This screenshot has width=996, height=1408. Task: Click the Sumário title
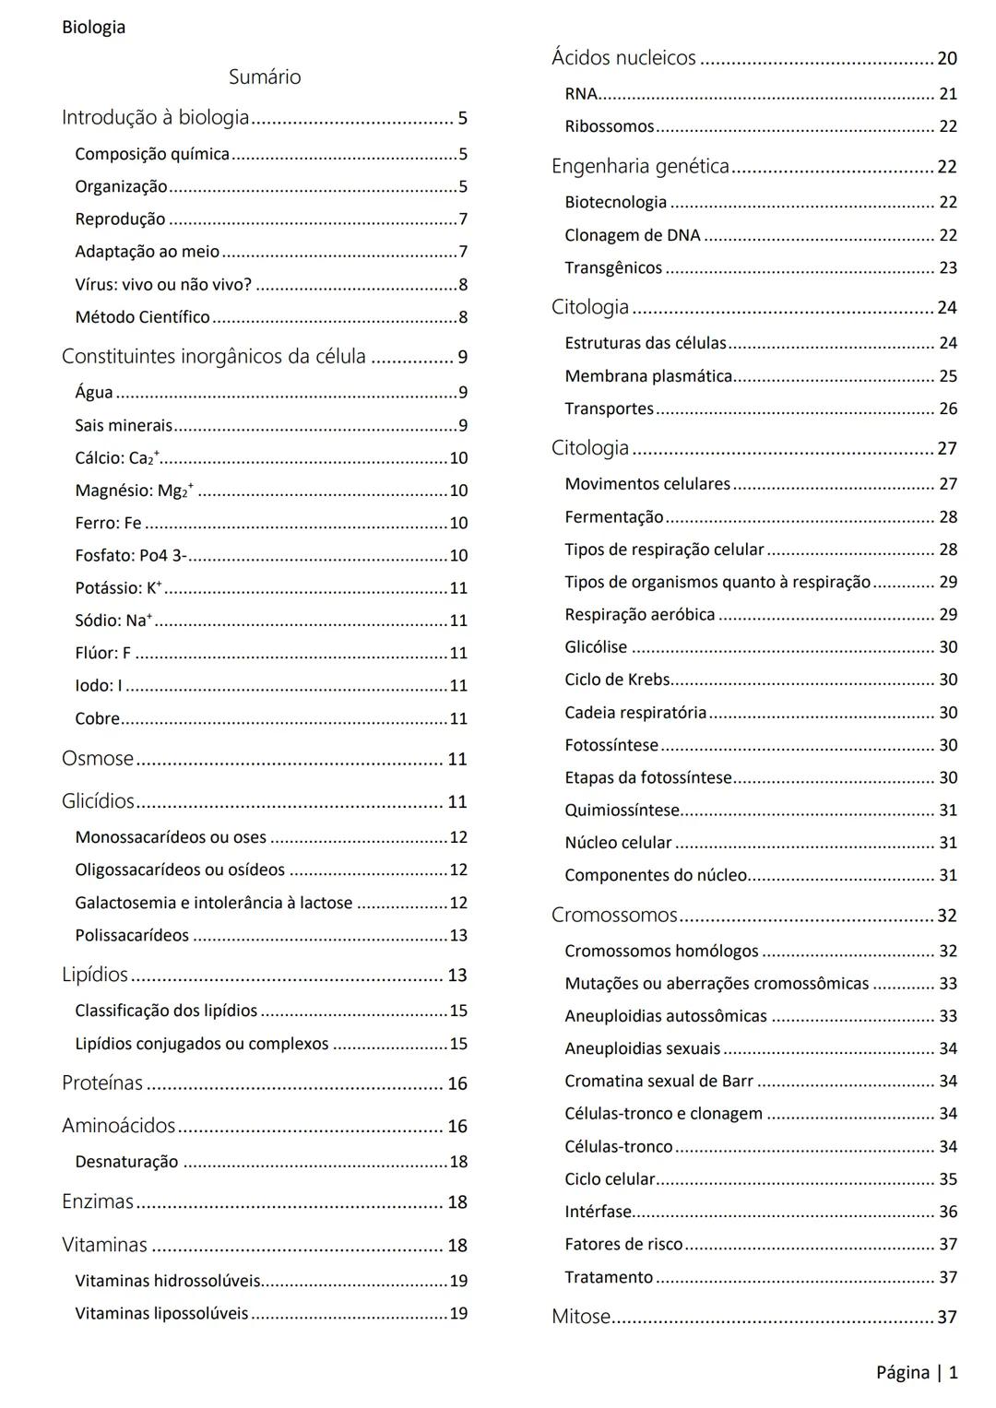(265, 77)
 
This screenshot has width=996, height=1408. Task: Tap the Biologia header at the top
(93, 27)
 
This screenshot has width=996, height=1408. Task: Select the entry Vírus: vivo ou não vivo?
(163, 284)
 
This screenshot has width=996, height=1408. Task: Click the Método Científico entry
(142, 316)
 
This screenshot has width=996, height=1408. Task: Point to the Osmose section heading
(98, 759)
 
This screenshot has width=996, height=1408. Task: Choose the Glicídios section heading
(98, 801)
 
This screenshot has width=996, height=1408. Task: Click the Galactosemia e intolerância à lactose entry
(213, 903)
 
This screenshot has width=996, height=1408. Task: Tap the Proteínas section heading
(102, 1083)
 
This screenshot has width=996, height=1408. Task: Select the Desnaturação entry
(126, 1162)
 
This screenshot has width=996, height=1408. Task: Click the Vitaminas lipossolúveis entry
(161, 1313)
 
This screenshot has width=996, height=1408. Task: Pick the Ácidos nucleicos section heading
(623, 58)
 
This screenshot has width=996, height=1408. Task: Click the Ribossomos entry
(609, 126)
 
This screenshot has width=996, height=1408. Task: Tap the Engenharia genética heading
(640, 167)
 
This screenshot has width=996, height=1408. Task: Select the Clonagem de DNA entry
(633, 235)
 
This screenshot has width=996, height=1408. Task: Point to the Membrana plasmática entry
(648, 376)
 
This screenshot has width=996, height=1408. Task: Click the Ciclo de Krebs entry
(617, 680)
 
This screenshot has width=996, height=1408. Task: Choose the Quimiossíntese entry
(622, 810)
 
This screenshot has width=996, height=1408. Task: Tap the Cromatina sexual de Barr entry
(658, 1081)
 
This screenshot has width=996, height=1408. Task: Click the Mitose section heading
(581, 1317)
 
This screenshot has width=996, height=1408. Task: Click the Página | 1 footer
(917, 1372)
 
